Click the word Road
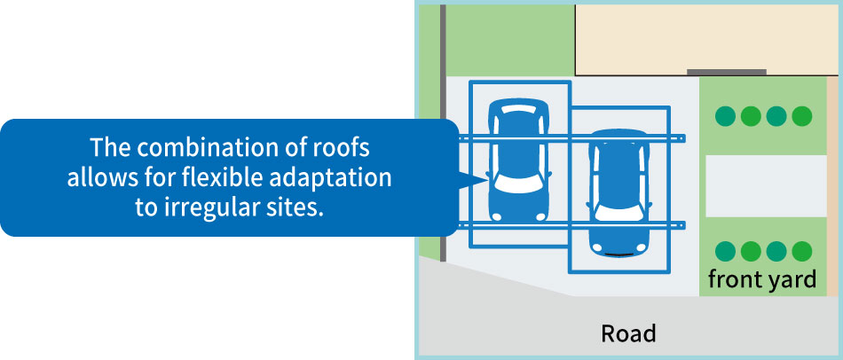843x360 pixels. [628, 333]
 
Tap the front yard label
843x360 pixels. [762, 279]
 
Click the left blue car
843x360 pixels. [518, 160]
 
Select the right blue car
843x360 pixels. [618, 192]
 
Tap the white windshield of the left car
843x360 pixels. [518, 184]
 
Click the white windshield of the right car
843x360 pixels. [618, 213]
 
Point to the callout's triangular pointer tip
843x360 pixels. [487, 179]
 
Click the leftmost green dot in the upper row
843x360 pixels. [725, 116]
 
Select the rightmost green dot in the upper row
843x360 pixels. [801, 116]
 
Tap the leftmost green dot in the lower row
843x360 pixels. [725, 251]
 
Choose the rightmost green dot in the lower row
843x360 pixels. [801, 251]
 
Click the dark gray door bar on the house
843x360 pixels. [727, 72]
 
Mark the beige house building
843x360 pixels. [706, 39]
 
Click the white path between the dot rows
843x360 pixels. [766, 186]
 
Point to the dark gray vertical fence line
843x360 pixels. [443, 133]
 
